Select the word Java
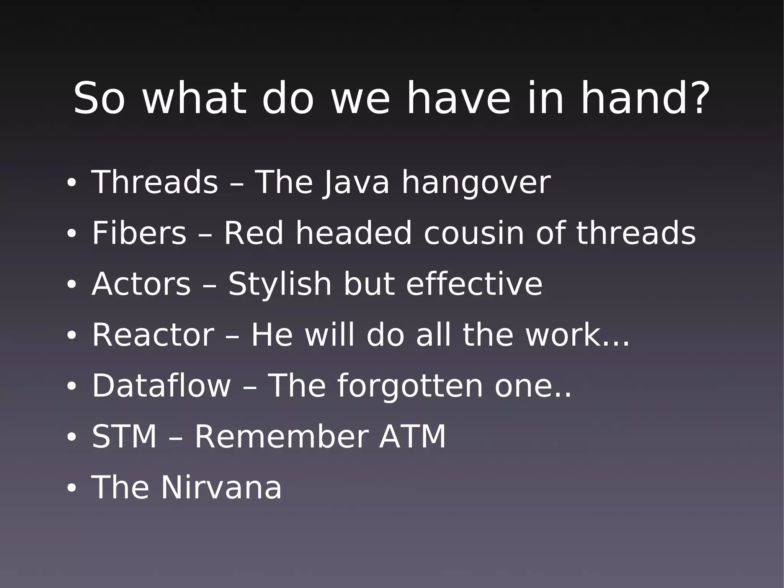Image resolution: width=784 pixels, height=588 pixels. [356, 183]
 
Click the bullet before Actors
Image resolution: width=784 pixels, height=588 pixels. [72, 285]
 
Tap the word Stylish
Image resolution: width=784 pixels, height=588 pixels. [279, 285]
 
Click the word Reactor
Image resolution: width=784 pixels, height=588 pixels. [153, 335]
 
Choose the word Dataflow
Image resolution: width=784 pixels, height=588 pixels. [161, 386]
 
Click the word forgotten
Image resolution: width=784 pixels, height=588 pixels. [410, 386]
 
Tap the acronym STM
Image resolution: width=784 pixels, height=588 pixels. [124, 437]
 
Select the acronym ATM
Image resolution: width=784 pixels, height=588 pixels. [412, 437]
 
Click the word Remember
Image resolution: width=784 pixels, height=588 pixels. [282, 437]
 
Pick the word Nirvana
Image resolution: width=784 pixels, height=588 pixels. [221, 487]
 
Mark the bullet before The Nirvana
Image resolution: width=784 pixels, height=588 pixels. [72, 488]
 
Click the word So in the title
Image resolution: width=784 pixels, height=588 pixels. [99, 98]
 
